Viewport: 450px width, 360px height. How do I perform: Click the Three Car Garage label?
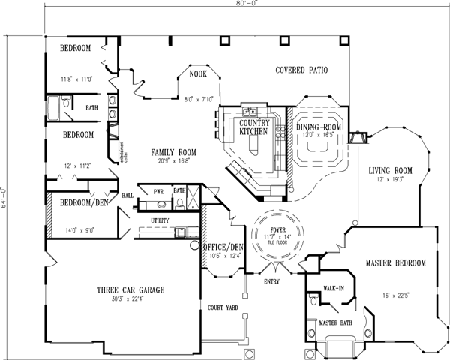pyautogui.click(x=130, y=289)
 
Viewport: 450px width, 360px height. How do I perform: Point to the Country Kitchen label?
pyautogui.click(x=253, y=127)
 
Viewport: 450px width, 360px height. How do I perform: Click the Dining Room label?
pyautogui.click(x=319, y=128)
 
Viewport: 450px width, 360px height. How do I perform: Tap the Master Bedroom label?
pyautogui.click(x=395, y=263)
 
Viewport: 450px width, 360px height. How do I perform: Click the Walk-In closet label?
pyautogui.click(x=333, y=287)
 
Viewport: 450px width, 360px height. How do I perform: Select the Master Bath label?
pyautogui.click(x=336, y=323)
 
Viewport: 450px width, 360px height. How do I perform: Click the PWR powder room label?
pyautogui.click(x=158, y=193)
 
